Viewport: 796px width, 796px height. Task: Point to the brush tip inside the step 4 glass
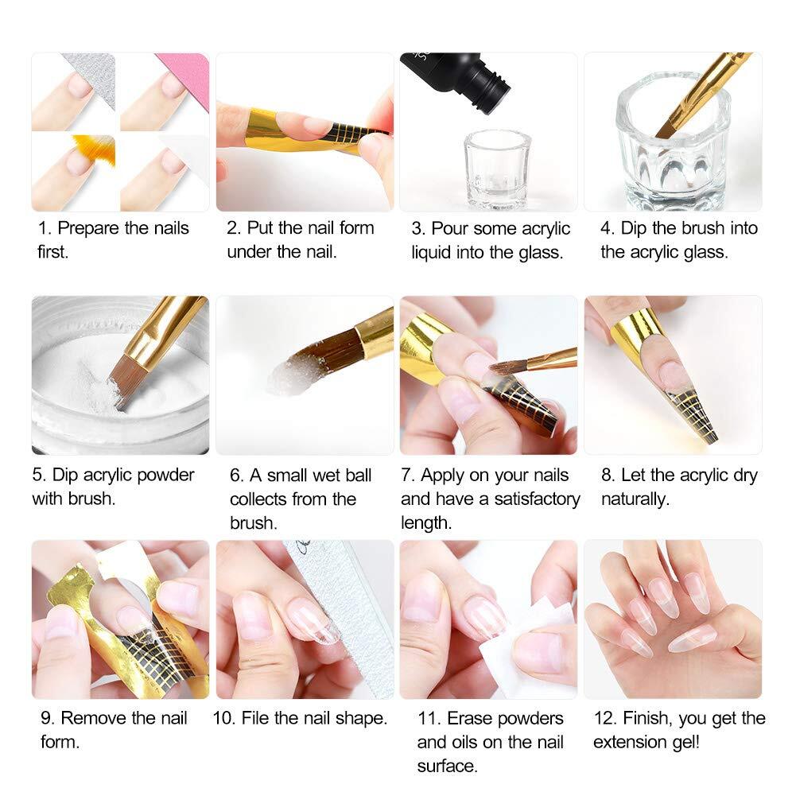[x=666, y=126]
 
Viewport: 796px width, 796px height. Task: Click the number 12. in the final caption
[x=605, y=718]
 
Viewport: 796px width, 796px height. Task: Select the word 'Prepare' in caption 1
[x=90, y=229]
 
